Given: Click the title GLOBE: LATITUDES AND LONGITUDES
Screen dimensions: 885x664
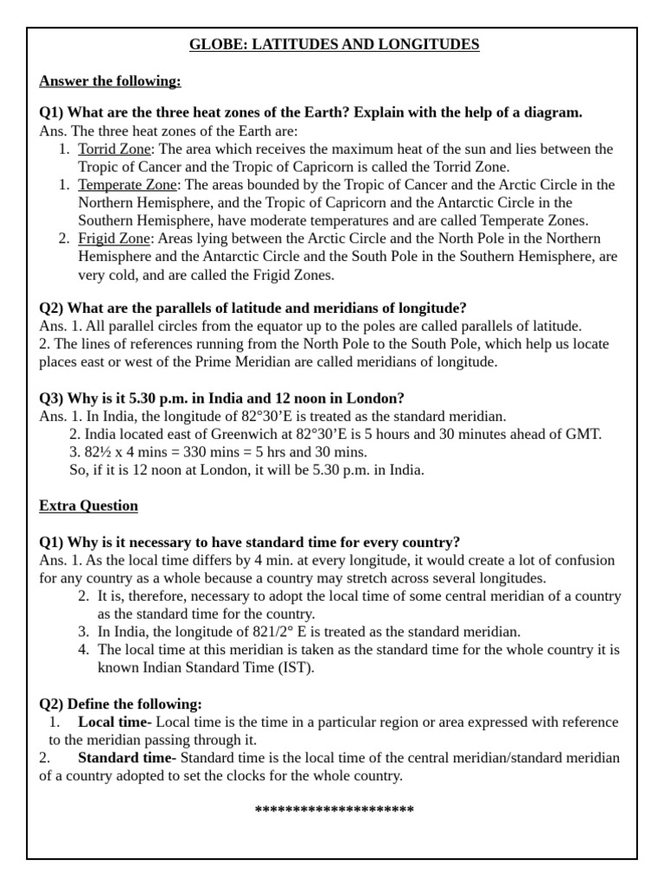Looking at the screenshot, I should [335, 44].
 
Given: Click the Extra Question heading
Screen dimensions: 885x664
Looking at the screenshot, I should [88, 506].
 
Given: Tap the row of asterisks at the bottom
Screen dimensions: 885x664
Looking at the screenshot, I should [335, 811].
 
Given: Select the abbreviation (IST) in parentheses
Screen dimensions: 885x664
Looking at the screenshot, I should [297, 667].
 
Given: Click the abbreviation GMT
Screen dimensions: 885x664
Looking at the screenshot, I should [583, 434].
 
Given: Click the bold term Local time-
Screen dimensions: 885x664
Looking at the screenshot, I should [115, 722].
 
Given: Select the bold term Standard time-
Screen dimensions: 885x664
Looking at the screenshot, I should [127, 758].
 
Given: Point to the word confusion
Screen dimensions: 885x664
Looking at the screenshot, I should [584, 560].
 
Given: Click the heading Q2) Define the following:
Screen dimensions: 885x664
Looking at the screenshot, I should [120, 704].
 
